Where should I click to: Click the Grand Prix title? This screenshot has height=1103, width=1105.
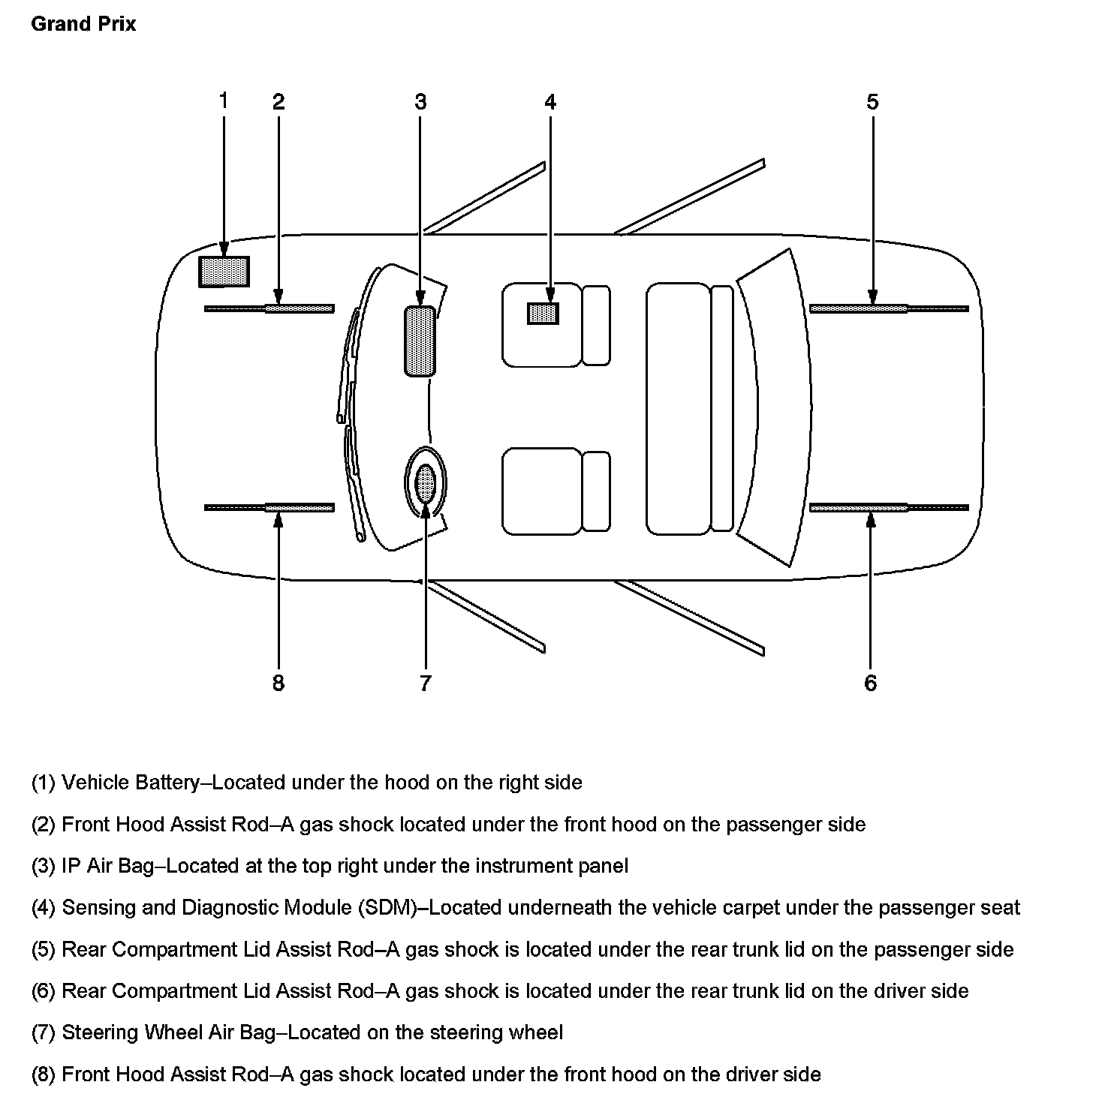83,24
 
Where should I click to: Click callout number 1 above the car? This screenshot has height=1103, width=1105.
223,100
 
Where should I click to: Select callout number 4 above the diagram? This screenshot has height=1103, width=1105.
550,101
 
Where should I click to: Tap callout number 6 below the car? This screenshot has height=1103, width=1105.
870,683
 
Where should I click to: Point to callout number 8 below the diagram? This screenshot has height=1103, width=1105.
279,683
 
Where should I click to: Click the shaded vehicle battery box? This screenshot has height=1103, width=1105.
224,272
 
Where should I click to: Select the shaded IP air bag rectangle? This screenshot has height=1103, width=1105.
420,341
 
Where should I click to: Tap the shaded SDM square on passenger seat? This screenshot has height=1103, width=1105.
543,313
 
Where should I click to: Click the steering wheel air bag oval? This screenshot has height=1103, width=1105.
426,484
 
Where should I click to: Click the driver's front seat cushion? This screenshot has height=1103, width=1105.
541,491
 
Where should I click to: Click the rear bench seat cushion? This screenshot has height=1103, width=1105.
678,409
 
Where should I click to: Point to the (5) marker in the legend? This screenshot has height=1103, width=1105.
44,949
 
